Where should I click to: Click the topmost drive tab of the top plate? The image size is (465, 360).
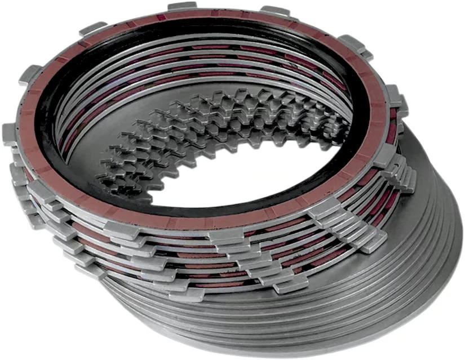click(x=182, y=7)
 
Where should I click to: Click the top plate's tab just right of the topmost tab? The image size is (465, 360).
click(x=274, y=11)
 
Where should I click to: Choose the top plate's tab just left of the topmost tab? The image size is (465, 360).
click(x=93, y=28)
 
